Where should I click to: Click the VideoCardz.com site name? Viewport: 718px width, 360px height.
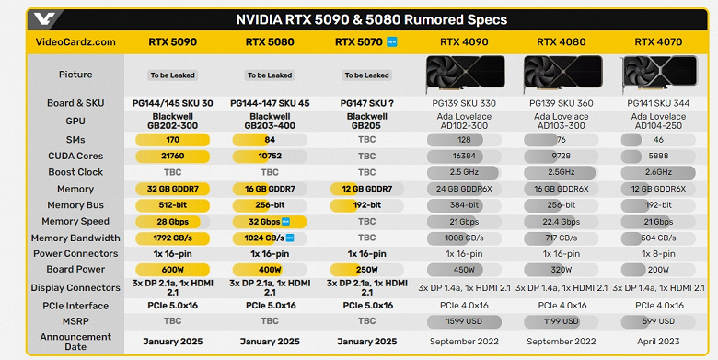point(75,41)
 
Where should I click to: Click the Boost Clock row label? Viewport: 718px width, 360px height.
point(75,172)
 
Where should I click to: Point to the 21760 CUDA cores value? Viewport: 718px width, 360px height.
point(171,157)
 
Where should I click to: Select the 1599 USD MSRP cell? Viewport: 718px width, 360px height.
point(464,321)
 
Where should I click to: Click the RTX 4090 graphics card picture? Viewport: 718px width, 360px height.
point(464,74)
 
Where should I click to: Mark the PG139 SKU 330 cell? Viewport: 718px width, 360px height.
point(464,104)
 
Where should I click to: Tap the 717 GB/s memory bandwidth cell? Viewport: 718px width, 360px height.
point(560,238)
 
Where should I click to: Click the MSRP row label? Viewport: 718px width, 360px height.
point(75,321)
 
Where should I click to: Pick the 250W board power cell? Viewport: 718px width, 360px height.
point(366,271)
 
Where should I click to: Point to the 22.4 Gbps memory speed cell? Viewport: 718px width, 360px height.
point(560,222)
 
